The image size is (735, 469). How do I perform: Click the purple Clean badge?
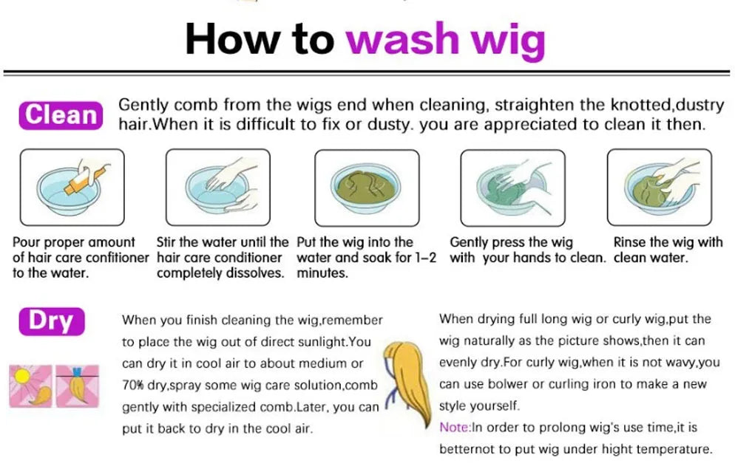coord(61,115)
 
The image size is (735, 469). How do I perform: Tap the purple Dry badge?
coord(52,321)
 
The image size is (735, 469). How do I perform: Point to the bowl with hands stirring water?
coord(218,187)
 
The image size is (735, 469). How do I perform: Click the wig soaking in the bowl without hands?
coord(365,186)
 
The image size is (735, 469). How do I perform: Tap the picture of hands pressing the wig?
coord(513,188)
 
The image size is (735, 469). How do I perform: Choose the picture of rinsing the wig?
coord(659,187)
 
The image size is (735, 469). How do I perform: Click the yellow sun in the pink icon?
coord(21,377)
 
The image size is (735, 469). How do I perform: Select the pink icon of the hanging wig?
coord(78,386)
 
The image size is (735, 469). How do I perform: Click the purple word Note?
coord(454,428)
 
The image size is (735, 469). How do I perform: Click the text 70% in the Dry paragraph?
coord(133,386)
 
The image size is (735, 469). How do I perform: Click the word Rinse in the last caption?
coord(629,242)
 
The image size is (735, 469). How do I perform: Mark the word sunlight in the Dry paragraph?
coord(322,342)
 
